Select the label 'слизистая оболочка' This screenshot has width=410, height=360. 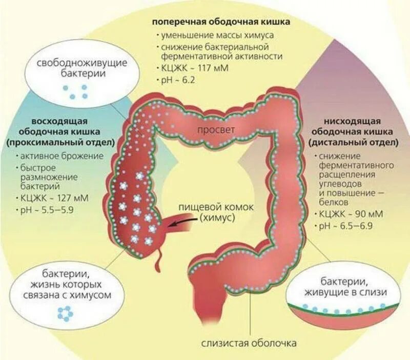point(249,343)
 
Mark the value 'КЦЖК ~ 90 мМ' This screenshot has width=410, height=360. point(348,214)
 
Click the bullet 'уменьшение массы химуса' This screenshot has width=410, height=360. point(217,35)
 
